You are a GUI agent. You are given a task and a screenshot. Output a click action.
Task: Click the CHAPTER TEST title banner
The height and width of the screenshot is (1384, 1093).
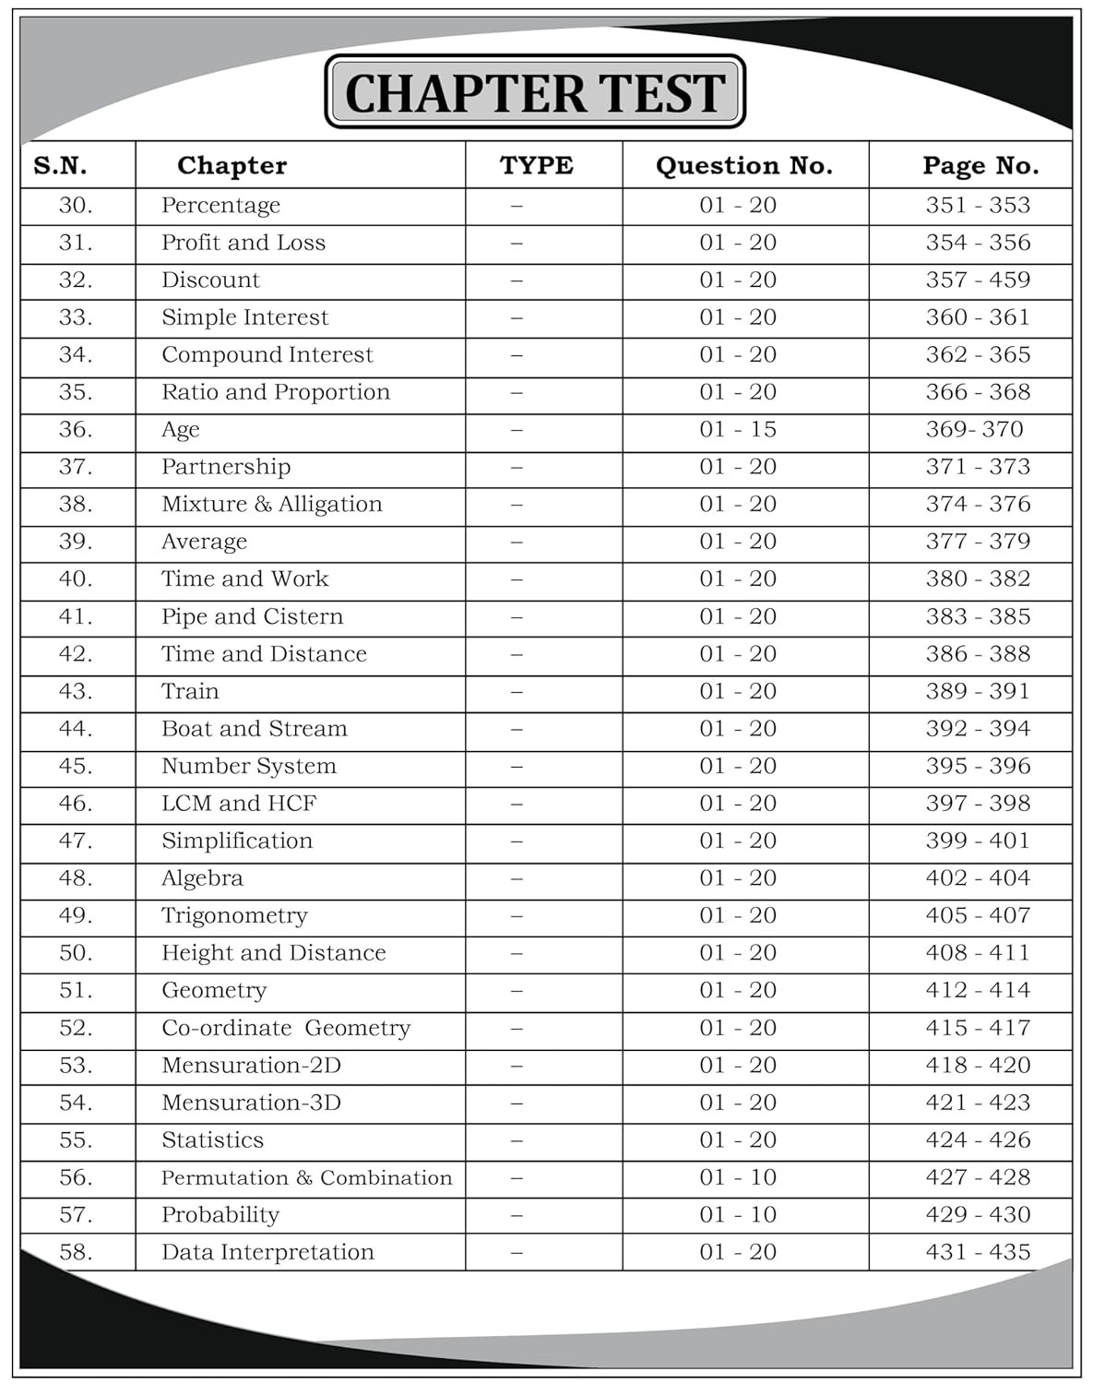click(x=535, y=92)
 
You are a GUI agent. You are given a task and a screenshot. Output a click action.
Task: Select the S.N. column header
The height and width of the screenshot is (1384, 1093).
click(x=60, y=166)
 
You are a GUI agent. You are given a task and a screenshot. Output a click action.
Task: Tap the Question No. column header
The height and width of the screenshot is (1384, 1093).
click(x=743, y=166)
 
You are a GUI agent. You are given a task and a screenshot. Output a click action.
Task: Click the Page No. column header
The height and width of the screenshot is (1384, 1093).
click(x=980, y=166)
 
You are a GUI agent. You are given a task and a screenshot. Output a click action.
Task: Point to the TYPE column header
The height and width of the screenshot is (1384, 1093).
click(x=536, y=166)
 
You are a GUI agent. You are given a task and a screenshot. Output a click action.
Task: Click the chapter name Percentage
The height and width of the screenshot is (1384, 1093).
click(x=220, y=206)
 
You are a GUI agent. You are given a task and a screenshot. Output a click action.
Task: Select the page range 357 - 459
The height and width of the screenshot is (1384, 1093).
click(x=978, y=280)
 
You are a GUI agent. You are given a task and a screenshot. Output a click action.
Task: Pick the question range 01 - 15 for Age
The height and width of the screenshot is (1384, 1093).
click(x=737, y=429)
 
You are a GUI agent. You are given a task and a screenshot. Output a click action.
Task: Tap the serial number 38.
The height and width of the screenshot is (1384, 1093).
click(x=76, y=504)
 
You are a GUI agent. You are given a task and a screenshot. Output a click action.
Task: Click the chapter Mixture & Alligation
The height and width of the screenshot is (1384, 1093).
click(x=271, y=504)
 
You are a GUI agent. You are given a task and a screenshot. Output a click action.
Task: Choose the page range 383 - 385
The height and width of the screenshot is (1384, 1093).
click(x=978, y=616)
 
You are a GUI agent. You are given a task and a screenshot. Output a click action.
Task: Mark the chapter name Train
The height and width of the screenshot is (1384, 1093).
click(x=190, y=691)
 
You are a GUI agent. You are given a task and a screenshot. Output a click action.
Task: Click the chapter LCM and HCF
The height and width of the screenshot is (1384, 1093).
click(x=239, y=804)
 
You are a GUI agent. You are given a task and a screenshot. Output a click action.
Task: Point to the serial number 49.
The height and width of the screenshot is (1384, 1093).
click(x=76, y=915)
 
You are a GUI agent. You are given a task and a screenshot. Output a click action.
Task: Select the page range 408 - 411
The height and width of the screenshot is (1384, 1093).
click(x=978, y=953)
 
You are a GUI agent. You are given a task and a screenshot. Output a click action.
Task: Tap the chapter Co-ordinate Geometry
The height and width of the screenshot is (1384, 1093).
click(x=286, y=1028)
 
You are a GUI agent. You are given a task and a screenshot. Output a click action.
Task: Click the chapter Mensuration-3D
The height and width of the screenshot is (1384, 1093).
click(x=251, y=1103)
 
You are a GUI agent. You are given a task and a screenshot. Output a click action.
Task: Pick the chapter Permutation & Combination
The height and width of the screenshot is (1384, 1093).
click(x=306, y=1177)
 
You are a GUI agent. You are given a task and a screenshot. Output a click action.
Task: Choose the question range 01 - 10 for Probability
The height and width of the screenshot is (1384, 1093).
click(x=737, y=1215)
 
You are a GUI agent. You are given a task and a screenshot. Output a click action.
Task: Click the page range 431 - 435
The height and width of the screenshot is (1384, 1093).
click(x=978, y=1252)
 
